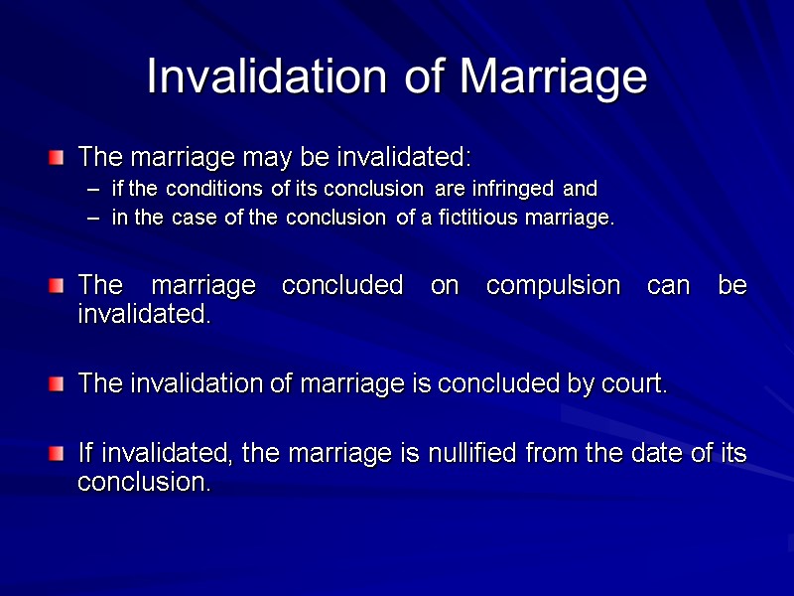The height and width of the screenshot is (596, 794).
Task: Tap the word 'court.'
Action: [634, 383]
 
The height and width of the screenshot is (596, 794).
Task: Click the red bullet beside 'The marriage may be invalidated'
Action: [58, 157]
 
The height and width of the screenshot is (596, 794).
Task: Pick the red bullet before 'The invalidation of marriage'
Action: [58, 383]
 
